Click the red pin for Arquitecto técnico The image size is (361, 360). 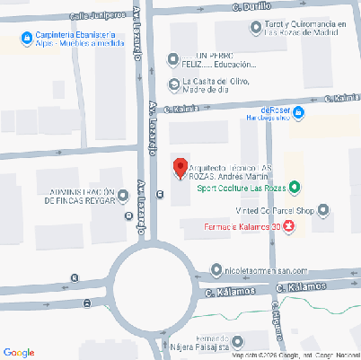pos(180,167)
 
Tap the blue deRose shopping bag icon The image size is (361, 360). pos(300,112)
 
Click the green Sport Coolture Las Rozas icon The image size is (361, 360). pos(295,188)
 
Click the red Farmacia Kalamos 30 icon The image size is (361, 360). pos(288,227)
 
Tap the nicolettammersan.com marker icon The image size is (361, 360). pos(216,269)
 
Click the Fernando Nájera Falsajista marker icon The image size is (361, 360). pos(162,344)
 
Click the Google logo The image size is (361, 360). pos(19,351)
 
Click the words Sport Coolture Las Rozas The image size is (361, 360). pos(241,189)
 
